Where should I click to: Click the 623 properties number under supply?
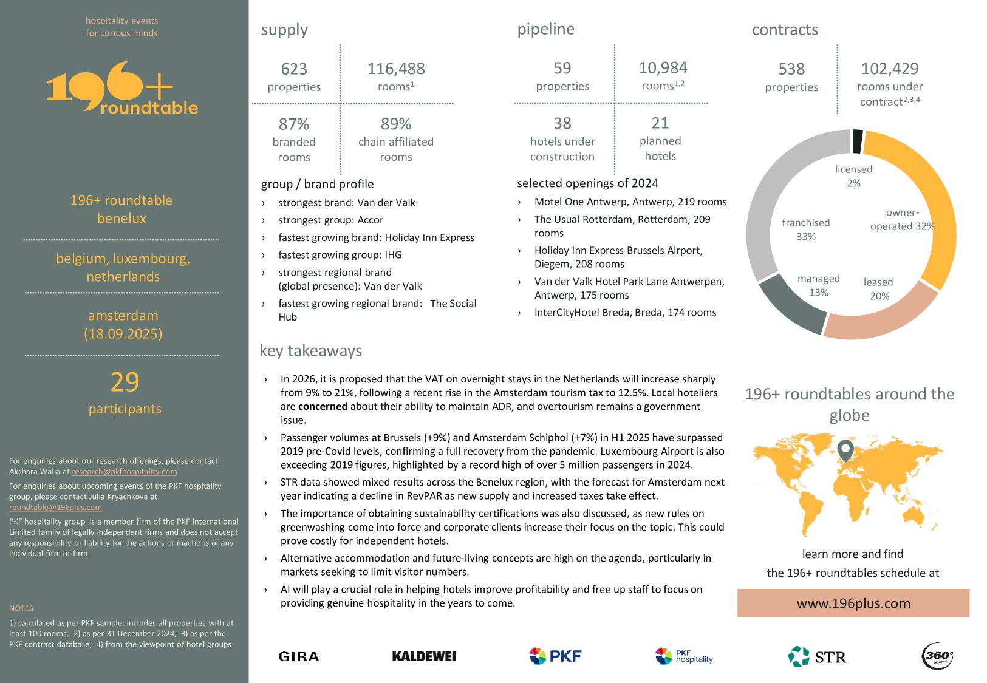click(294, 69)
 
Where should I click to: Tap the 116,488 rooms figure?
click(396, 69)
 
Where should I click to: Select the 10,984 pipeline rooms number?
click(663, 68)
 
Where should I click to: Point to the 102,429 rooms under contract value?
click(889, 69)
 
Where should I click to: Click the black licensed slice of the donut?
click(857, 141)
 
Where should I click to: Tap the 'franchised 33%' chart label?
click(805, 229)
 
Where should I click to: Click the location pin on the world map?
click(845, 450)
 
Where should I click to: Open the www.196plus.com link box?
click(853, 603)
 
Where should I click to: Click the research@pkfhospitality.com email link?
click(125, 472)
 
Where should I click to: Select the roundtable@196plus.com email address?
click(55, 508)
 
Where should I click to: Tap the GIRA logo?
click(299, 656)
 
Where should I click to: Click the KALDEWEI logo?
click(424, 656)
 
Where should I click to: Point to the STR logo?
click(817, 656)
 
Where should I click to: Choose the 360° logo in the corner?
click(937, 656)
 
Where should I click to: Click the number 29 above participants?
click(125, 382)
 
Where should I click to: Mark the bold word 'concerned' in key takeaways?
click(323, 406)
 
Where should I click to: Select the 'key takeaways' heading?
click(310, 351)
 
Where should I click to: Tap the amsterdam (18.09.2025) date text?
click(123, 325)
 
